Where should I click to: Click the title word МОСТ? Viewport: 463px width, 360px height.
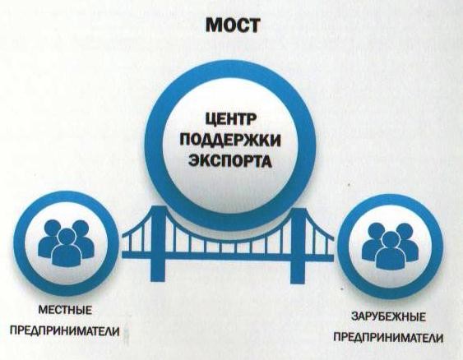233,25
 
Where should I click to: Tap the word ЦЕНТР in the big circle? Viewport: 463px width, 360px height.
230,121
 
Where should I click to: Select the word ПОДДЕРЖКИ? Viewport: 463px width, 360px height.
230,141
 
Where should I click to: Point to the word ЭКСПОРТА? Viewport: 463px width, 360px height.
230,160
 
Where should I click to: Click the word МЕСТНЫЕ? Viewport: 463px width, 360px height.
65,311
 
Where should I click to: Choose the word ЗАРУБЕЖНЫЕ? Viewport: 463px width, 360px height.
389,317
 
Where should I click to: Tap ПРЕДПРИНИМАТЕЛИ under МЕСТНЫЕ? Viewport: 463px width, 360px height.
65,331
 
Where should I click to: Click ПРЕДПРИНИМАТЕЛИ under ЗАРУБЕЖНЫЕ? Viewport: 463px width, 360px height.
389,337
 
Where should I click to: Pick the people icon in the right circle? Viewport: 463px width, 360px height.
391,246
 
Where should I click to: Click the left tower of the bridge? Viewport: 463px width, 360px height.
159,244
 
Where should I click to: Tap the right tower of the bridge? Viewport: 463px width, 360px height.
299,246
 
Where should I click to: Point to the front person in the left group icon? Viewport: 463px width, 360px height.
66,249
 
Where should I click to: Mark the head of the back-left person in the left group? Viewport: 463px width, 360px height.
53,228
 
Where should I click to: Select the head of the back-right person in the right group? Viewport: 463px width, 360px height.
405,231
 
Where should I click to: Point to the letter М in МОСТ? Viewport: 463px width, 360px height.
213,25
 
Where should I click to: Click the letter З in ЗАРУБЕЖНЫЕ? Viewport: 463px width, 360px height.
354,317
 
